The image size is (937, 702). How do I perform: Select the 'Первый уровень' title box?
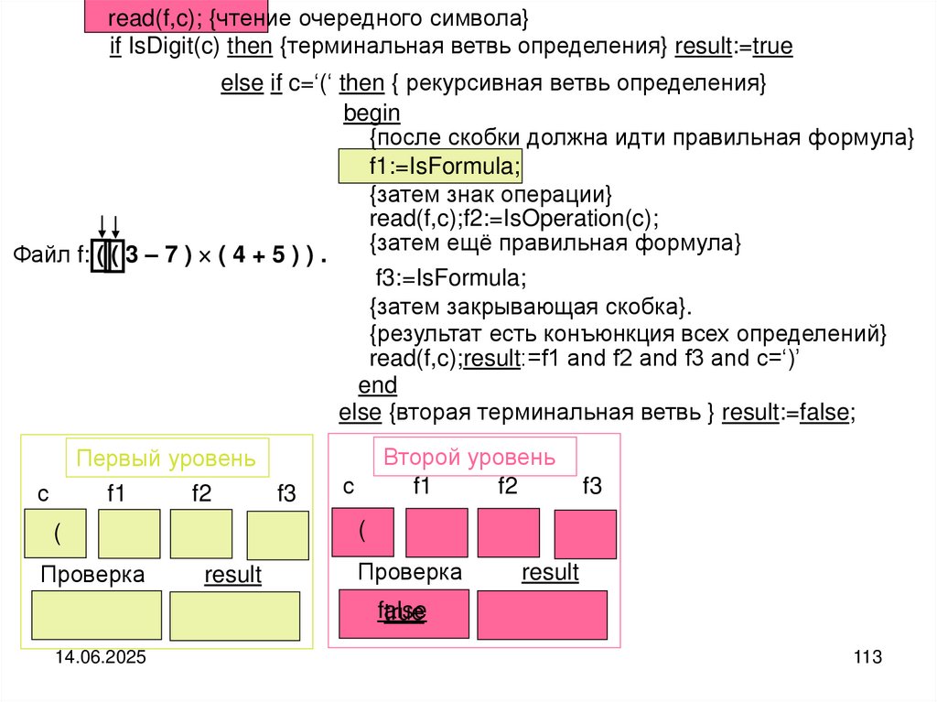(166, 459)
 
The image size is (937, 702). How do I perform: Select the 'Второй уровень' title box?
(474, 457)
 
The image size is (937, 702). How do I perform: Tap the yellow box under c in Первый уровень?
(55, 534)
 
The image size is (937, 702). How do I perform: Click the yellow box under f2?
(200, 534)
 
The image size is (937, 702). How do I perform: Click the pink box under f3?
(585, 534)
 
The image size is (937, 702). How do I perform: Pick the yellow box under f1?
(128, 534)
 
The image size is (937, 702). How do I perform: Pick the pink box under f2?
(508, 533)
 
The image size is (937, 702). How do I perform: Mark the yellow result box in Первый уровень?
(234, 616)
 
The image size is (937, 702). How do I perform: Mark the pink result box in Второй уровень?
(542, 614)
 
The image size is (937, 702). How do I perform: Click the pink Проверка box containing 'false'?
(404, 613)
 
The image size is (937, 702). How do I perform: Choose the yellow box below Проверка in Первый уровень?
(97, 615)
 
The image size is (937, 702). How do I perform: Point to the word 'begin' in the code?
(372, 113)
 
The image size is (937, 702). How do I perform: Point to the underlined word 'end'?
(377, 384)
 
